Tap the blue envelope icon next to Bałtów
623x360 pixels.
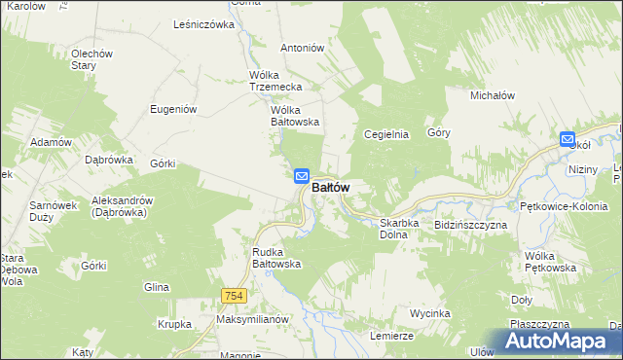click(x=302, y=176)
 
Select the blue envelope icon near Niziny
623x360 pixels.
click(x=568, y=140)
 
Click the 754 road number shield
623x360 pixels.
click(x=232, y=297)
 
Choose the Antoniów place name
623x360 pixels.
click(x=302, y=48)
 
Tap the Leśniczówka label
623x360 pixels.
click(x=204, y=24)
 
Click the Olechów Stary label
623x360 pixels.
click(x=92, y=59)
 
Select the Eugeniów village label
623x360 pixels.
click(x=174, y=109)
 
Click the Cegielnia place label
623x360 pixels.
click(x=385, y=134)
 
